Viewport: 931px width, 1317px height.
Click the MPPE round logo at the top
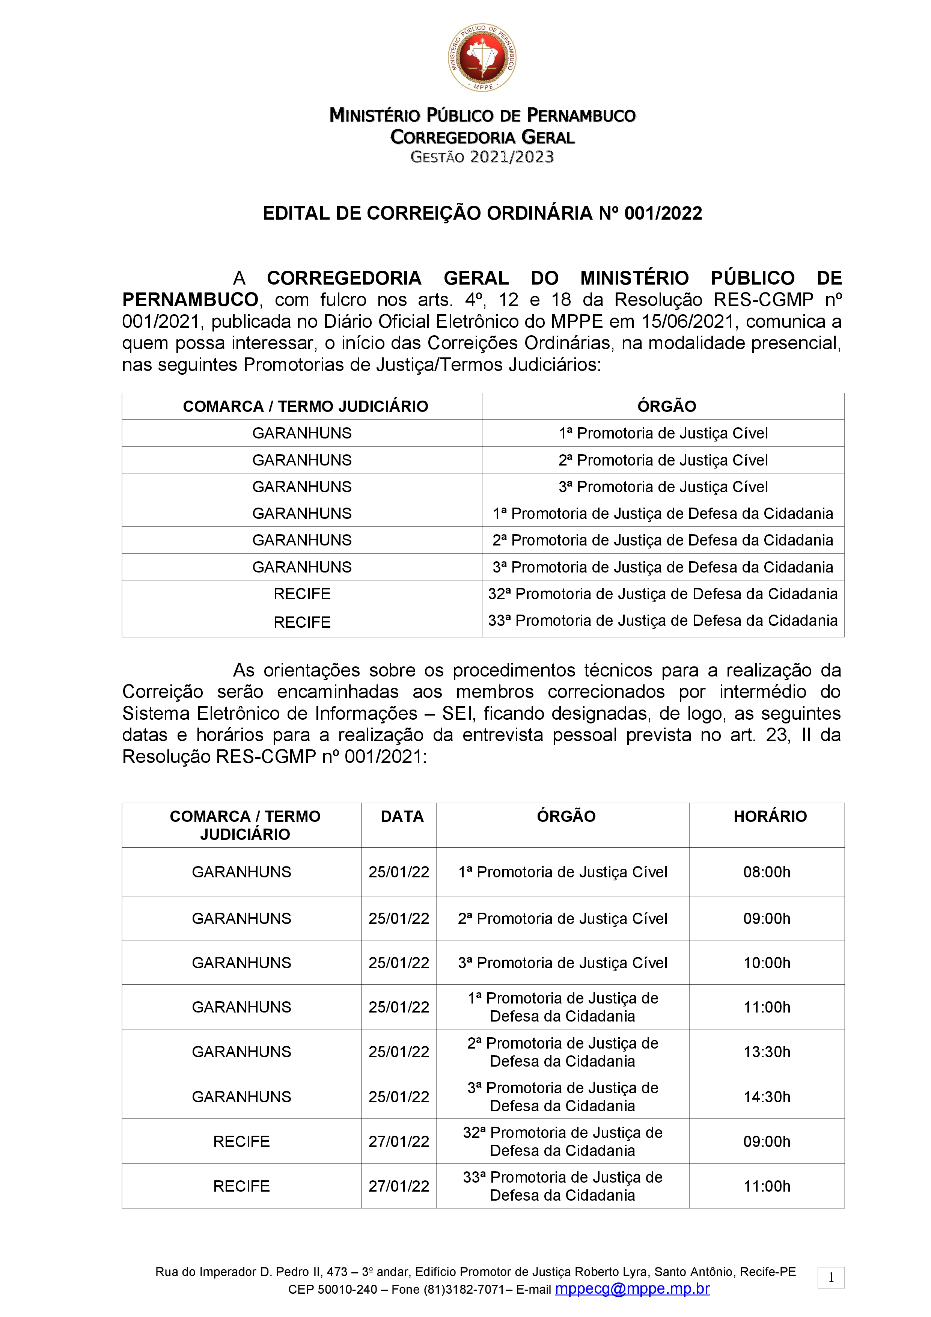tap(482, 58)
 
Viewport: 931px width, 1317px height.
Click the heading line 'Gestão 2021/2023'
tap(482, 157)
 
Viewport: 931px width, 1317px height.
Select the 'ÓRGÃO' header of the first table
tap(667, 407)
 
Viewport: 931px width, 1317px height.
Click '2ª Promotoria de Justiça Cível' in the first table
tap(663, 460)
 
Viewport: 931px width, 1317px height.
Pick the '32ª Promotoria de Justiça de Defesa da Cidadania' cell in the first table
tap(663, 594)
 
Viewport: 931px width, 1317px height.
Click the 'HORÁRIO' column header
tap(770, 816)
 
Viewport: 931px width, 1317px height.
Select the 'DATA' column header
tap(402, 816)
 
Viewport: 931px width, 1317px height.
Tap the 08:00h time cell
tap(766, 872)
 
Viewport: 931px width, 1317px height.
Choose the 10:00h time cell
tap(766, 963)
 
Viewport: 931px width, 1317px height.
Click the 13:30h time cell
tap(766, 1052)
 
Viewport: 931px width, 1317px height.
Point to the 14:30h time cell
tap(766, 1096)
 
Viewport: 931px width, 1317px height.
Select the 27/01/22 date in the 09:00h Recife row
tap(399, 1141)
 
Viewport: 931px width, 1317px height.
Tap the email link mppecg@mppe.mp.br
tap(632, 1289)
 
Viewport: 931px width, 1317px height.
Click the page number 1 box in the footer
tap(831, 1278)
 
